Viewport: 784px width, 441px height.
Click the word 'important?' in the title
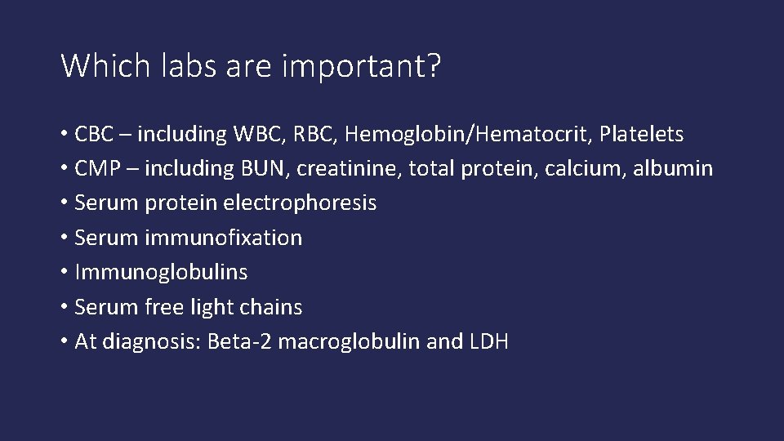click(360, 66)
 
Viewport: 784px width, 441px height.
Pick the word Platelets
click(644, 133)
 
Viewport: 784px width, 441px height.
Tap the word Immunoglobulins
click(161, 272)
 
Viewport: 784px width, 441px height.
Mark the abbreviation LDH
click(489, 341)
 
